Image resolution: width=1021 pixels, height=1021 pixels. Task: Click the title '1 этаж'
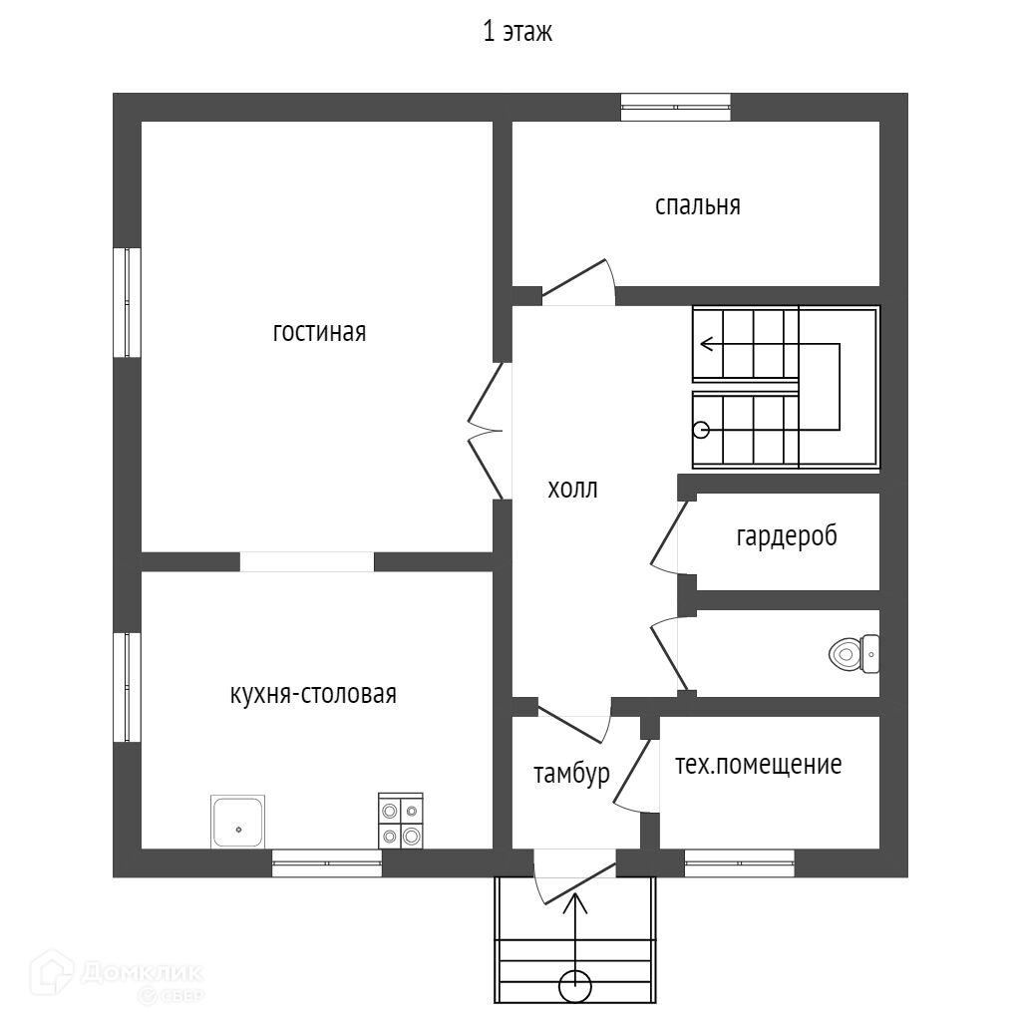(517, 33)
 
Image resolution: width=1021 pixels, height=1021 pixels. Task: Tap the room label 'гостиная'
(319, 332)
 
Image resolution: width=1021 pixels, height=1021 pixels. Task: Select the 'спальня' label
(698, 205)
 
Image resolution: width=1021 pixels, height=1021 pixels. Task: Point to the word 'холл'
(572, 489)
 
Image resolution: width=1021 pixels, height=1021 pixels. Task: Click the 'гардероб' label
(787, 536)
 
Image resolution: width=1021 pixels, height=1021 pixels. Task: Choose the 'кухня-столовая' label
(313, 694)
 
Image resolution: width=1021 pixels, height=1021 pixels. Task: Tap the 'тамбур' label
(570, 775)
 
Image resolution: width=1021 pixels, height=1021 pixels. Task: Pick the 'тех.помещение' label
(759, 765)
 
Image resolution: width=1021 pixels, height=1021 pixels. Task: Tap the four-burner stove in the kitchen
(400, 821)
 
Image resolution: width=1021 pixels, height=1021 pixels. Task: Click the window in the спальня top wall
(676, 107)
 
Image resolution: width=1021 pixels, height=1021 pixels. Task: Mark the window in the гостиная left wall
(127, 302)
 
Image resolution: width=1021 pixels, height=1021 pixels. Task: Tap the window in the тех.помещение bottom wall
(739, 863)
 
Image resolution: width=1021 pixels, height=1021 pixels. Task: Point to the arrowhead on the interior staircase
(706, 345)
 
